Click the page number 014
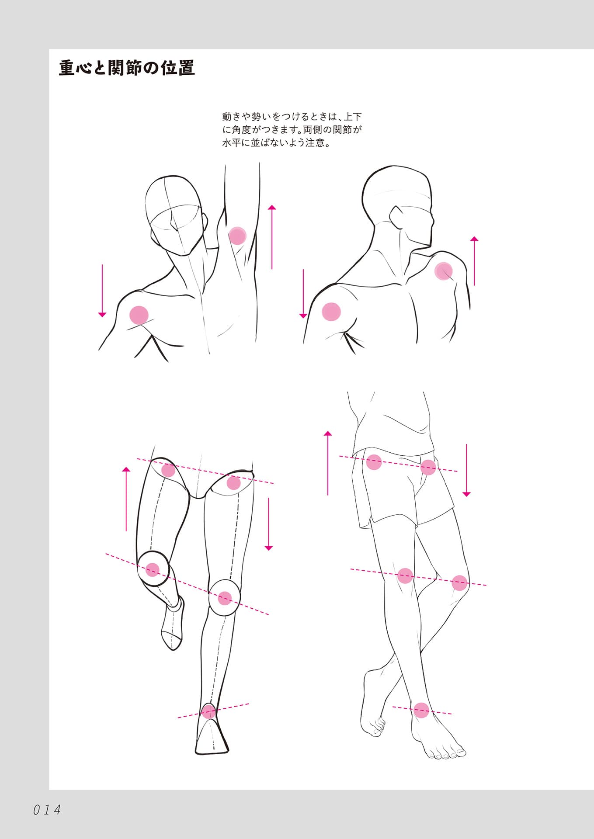tap(47, 810)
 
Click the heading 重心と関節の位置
tap(127, 68)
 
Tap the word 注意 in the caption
tap(313, 142)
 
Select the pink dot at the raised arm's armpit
tap(237, 236)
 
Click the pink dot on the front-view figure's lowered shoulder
tap(139, 315)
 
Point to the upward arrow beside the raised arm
tap(272, 237)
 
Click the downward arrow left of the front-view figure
tap(102, 291)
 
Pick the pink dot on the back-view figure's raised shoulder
tap(444, 271)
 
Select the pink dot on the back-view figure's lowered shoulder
tap(331, 312)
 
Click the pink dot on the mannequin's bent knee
tap(153, 569)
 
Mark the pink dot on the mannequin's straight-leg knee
tap(225, 598)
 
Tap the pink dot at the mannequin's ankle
tap(209, 711)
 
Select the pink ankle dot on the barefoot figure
tap(421, 710)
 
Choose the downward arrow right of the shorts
tap(467, 470)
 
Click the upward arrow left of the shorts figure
tap(328, 463)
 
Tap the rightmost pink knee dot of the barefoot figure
tap(459, 583)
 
